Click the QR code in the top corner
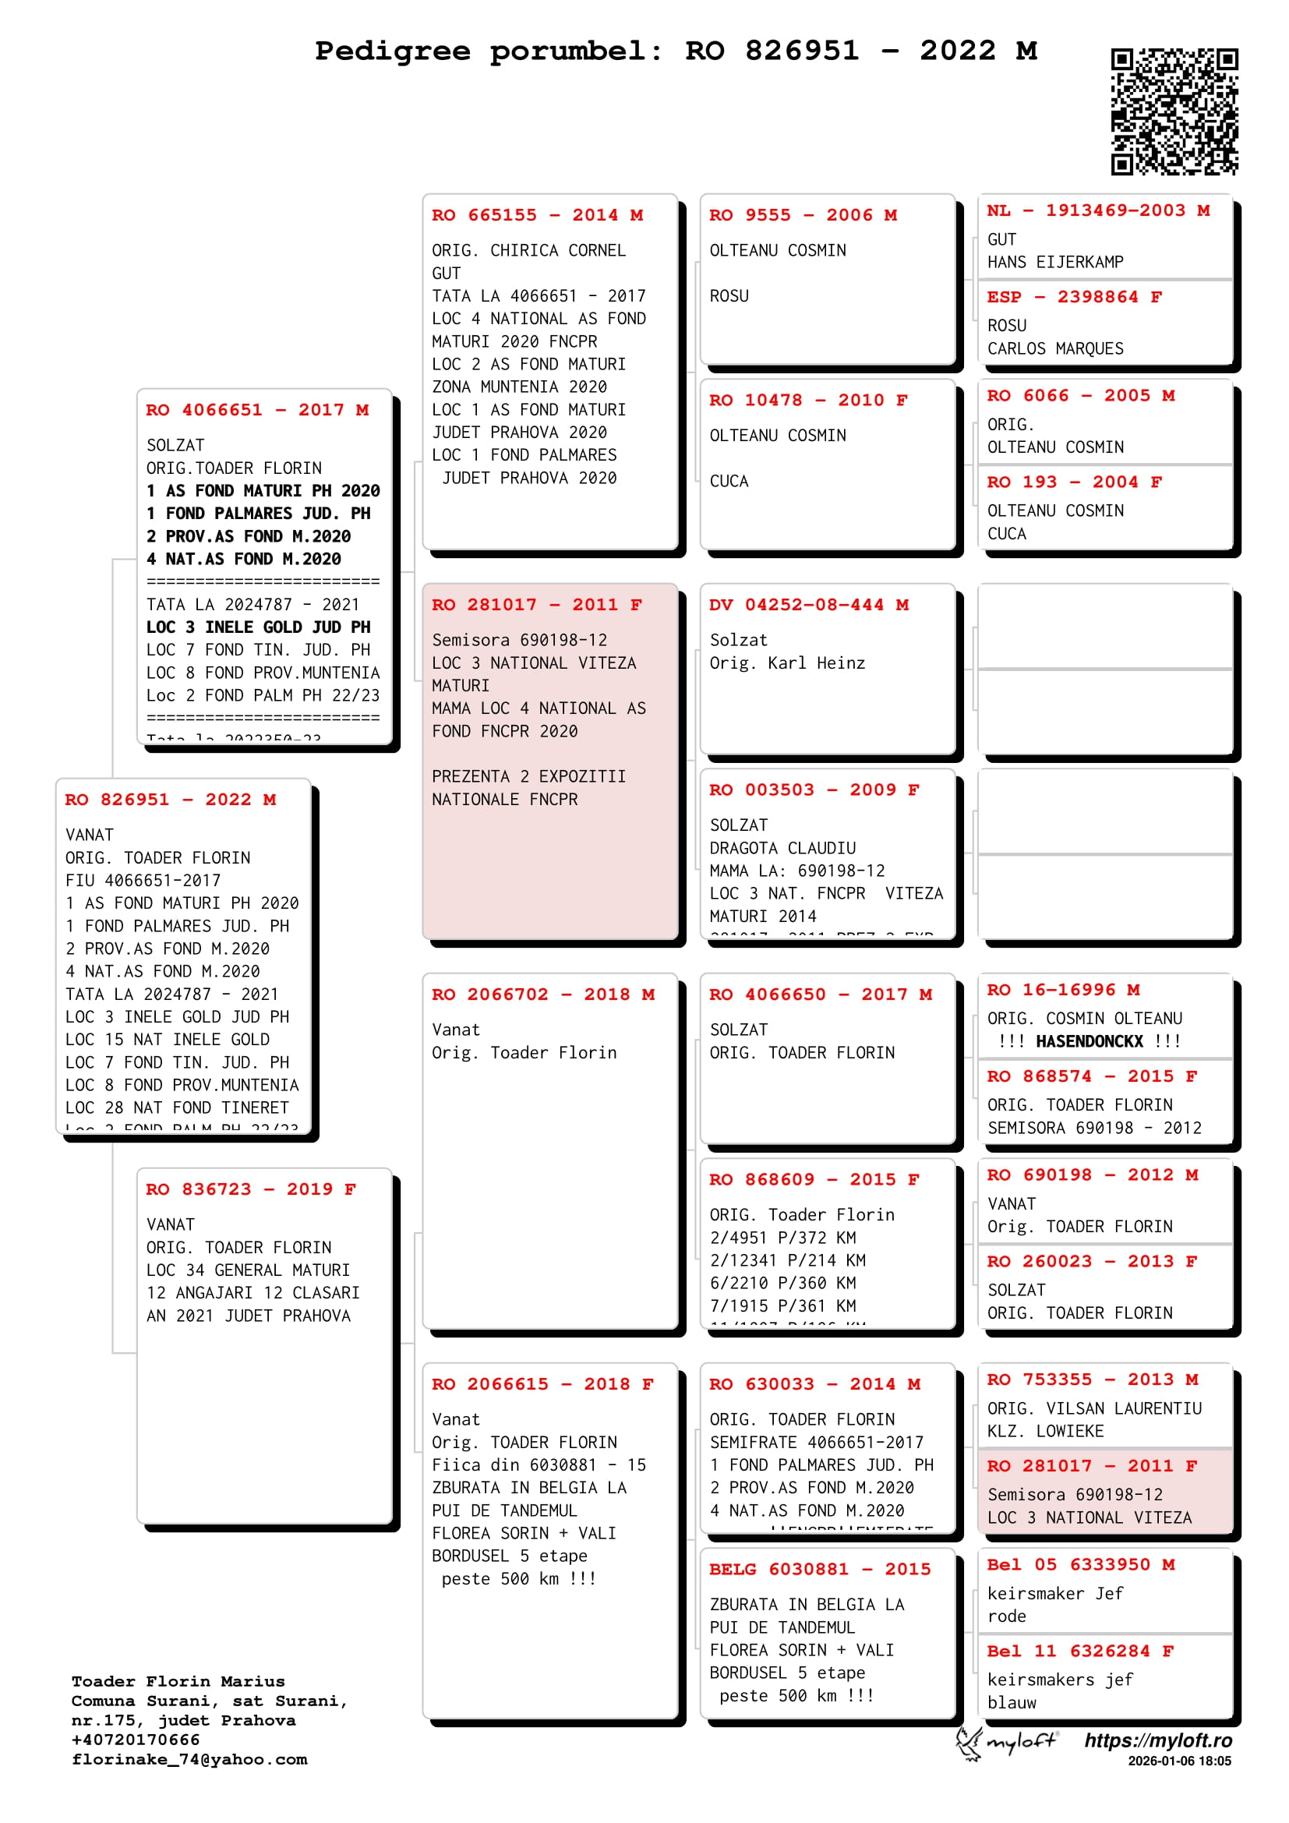pos(1174,111)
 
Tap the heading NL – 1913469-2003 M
pos(1098,210)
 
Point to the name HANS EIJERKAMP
pos(1055,262)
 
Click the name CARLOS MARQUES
pos(1055,348)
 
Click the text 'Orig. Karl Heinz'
pos(786,663)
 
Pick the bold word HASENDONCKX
pos(1089,1041)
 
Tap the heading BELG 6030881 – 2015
pos(819,1569)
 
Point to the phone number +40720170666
pos(136,1740)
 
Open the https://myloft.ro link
pos(1158,1740)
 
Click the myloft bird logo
pos(969,1743)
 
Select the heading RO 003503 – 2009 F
pos(814,790)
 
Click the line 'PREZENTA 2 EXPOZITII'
pos(528,776)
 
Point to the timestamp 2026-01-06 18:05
pos(1179,1761)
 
